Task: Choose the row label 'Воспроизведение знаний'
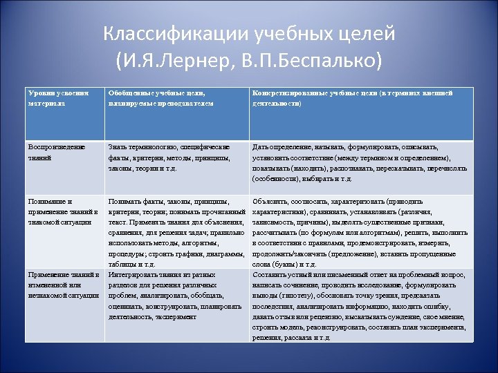56,152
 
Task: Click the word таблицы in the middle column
122,264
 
